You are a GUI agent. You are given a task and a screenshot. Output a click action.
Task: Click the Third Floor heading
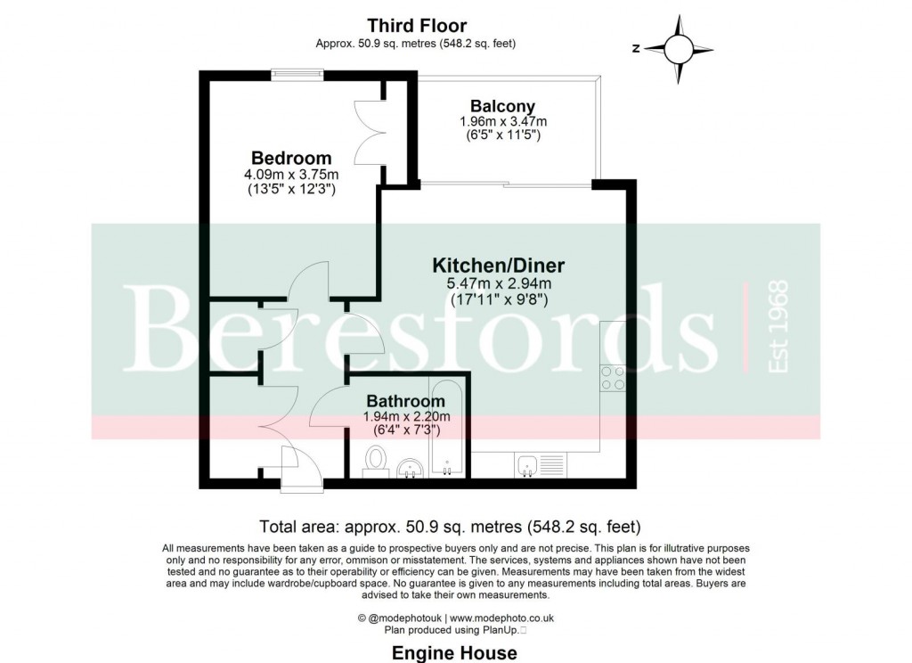(418, 26)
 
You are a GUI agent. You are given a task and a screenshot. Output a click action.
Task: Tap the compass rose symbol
(679, 48)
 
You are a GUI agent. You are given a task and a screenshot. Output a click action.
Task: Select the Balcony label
(502, 106)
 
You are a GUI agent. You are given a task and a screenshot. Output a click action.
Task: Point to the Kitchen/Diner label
(498, 265)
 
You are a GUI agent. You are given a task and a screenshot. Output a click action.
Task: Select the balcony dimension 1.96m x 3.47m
(502, 121)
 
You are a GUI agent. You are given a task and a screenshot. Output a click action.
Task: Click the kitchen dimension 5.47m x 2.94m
(499, 284)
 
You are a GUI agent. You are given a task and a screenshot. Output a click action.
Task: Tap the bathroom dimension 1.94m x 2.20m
(406, 416)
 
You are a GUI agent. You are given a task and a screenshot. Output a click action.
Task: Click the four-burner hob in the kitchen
(612, 379)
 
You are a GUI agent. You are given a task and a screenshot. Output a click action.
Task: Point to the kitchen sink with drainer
(540, 464)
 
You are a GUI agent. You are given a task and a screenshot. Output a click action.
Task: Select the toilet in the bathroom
(376, 462)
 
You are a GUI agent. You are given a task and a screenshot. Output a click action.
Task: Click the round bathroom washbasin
(410, 467)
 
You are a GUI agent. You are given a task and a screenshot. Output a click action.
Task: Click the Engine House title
(454, 653)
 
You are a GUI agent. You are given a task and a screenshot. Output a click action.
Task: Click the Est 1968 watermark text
(778, 326)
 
